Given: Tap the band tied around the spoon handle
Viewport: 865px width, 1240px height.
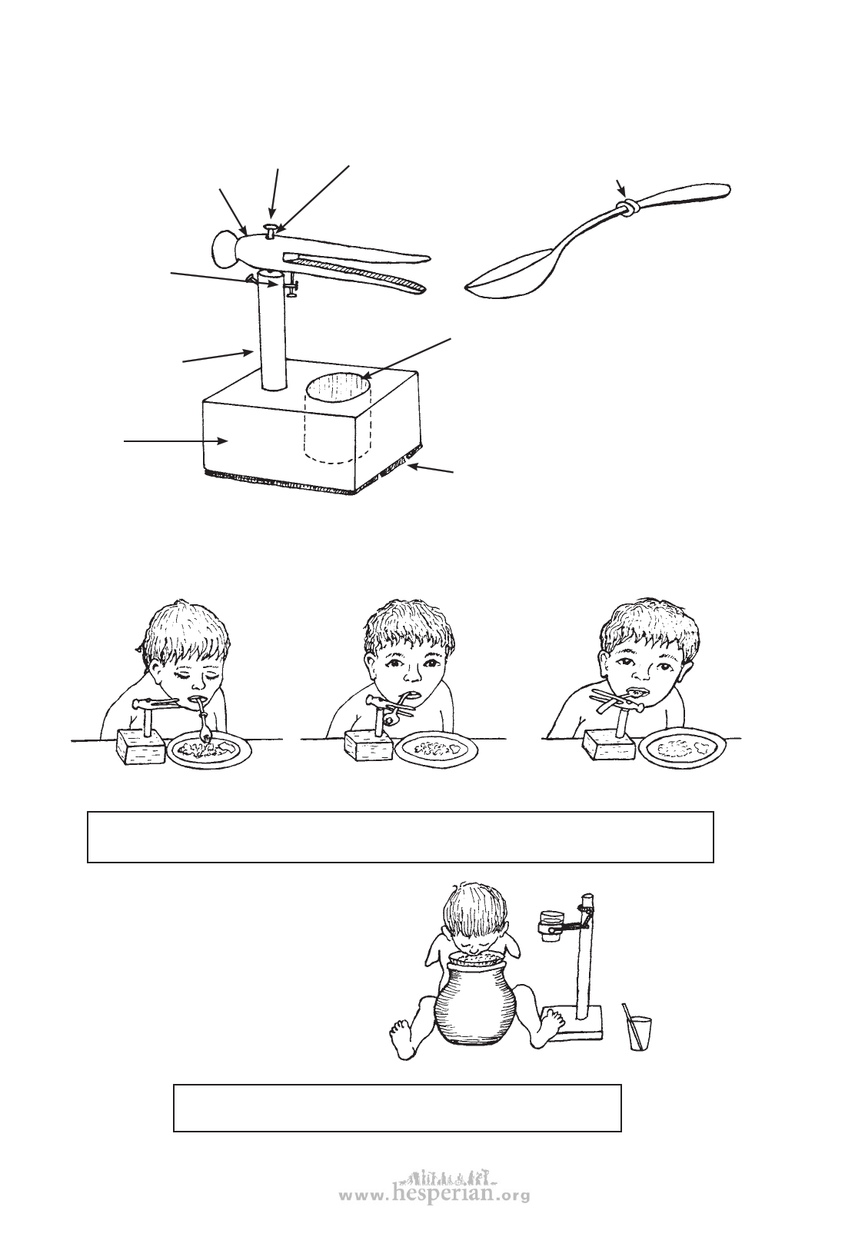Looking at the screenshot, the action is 627,208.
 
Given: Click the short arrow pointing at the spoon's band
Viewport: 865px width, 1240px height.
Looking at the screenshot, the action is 621,188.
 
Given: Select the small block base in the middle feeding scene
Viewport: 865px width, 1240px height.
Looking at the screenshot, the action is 369,746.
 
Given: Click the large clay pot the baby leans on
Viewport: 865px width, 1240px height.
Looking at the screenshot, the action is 476,997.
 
